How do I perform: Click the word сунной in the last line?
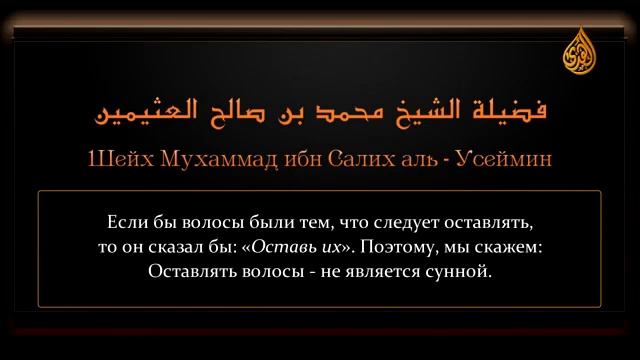click(x=462, y=270)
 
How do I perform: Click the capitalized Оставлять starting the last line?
click(x=190, y=270)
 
